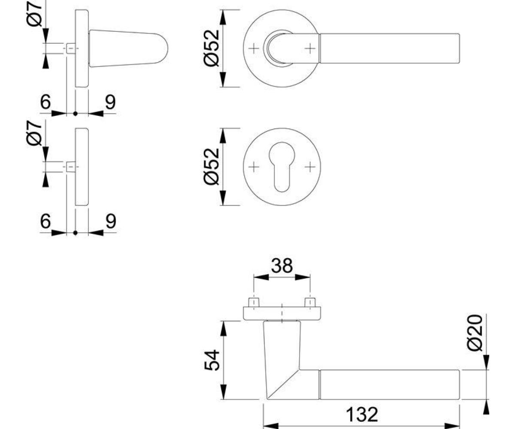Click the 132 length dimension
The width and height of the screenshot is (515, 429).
tap(362, 415)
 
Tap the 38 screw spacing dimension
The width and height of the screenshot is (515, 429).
tap(282, 266)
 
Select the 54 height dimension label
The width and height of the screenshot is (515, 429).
tap(212, 360)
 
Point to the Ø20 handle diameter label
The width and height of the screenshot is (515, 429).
tap(475, 332)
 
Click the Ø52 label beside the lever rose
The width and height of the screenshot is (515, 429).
tap(212, 48)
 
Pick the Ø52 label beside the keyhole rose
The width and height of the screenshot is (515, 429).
tap(212, 167)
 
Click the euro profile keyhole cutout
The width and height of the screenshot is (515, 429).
tap(282, 167)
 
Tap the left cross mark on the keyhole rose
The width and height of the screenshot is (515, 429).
tap(254, 167)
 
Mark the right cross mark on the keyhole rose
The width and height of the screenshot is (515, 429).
tap(310, 167)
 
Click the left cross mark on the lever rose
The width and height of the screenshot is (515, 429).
tap(254, 48)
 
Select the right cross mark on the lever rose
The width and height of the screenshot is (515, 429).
tap(310, 48)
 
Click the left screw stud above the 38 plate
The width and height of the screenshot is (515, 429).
tap(254, 302)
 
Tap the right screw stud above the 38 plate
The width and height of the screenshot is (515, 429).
tap(310, 302)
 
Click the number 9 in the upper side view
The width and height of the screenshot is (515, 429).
tap(110, 102)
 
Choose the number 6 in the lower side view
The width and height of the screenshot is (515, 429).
tap(45, 221)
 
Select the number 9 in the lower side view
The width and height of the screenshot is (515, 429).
tap(111, 221)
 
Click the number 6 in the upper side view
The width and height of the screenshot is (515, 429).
tap(45, 101)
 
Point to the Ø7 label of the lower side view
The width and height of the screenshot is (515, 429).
tap(34, 133)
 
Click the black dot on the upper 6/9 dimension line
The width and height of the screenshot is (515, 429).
tap(76, 114)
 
